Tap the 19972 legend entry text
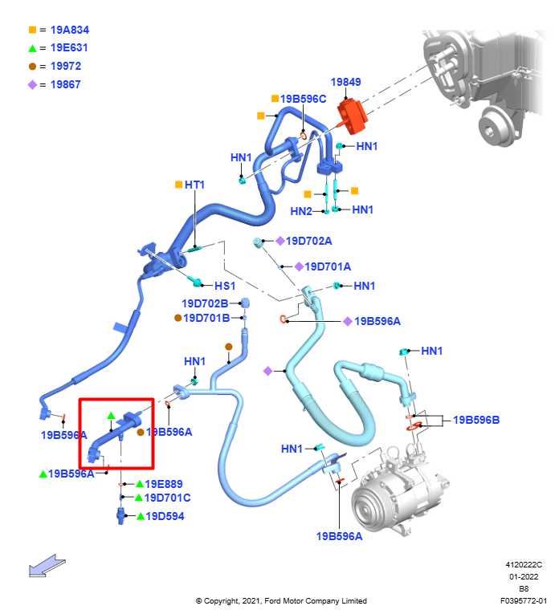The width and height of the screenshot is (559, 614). (65, 67)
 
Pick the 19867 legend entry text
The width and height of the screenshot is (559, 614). (65, 84)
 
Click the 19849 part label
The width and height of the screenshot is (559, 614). (346, 82)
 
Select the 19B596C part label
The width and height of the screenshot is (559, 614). (303, 99)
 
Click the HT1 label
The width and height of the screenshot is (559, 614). (194, 185)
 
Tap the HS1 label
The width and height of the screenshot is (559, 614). (224, 286)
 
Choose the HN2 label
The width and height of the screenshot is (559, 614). (301, 211)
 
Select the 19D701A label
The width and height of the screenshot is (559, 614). (328, 266)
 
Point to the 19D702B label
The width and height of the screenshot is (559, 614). (205, 303)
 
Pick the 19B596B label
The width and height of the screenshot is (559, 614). (476, 420)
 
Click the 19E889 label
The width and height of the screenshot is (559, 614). (164, 484)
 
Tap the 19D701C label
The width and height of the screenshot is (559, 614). (167, 498)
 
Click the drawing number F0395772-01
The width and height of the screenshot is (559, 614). (523, 600)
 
